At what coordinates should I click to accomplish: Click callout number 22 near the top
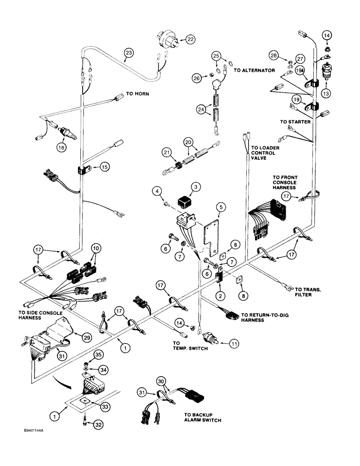[190, 40]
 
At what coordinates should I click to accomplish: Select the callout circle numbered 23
[129, 53]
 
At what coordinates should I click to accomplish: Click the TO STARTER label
[292, 122]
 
